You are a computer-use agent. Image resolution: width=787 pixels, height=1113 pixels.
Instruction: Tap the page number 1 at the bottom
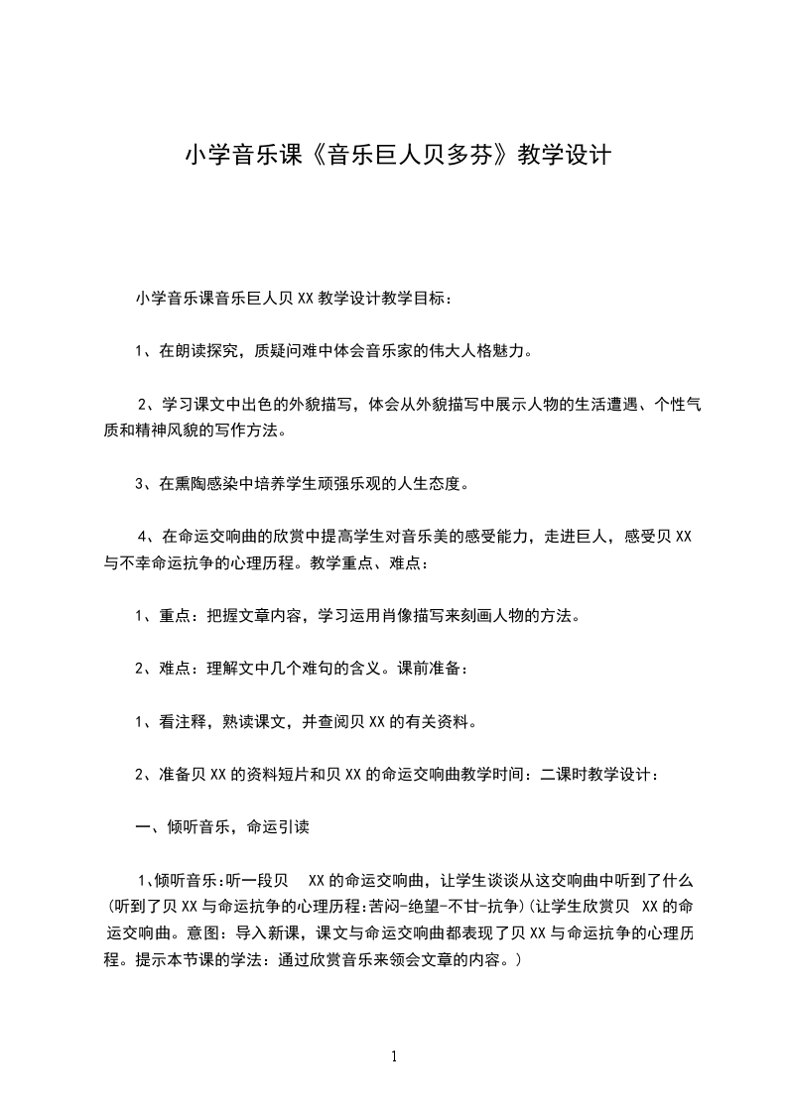(394, 1056)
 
